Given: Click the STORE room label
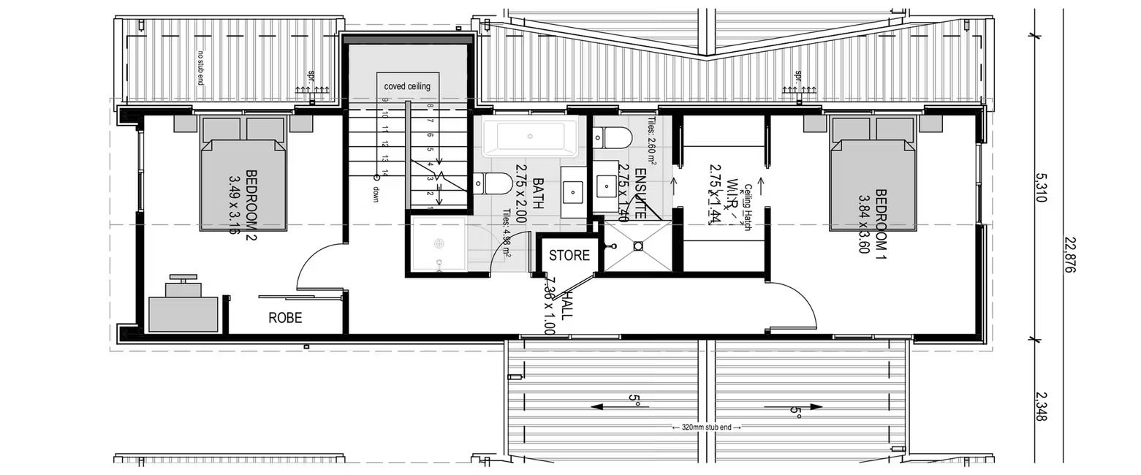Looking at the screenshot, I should point(569,256).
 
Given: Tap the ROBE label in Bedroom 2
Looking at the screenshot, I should point(284,318).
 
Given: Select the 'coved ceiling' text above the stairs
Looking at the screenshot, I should point(407,86).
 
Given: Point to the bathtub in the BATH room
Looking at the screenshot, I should point(530,137).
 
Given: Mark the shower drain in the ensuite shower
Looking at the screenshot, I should point(638,247).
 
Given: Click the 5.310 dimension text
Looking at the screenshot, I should point(1042,188).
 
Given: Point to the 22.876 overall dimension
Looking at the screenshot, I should point(1070,255).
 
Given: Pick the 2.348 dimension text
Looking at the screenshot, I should point(1042,406).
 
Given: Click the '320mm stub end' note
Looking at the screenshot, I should point(705,427).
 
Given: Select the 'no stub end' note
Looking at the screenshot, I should point(200,67).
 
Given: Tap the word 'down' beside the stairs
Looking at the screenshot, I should point(376,193).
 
